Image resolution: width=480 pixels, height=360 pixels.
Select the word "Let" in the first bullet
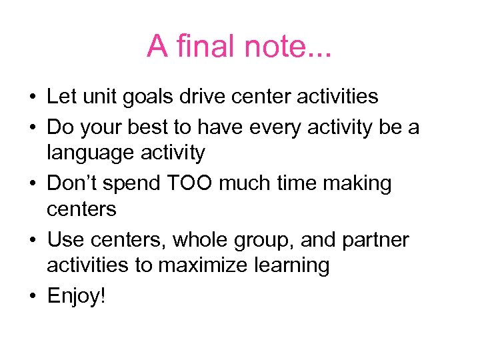61,96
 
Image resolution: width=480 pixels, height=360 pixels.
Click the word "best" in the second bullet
159,125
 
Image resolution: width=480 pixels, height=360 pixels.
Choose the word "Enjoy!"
75,295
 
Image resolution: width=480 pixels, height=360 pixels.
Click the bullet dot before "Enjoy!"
32,296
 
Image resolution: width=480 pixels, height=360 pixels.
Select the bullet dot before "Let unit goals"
32,97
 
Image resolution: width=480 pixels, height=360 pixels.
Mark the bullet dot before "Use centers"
32,239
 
